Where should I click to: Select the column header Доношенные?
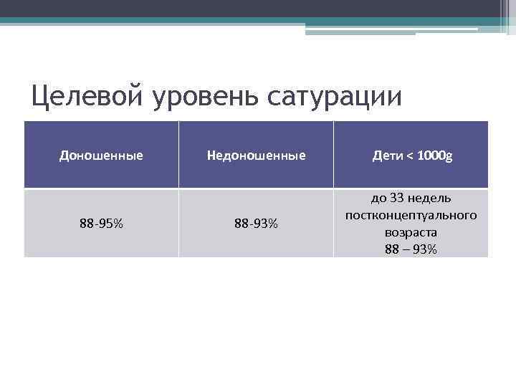point(101,155)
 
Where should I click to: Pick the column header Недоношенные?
point(256,155)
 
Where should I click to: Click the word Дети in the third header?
point(388,155)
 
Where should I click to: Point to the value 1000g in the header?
point(434,155)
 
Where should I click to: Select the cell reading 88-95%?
point(101,224)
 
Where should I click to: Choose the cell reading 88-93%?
point(256,224)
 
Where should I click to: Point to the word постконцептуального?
point(411,215)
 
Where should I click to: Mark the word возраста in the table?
point(411,232)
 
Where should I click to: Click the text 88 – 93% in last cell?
point(411,249)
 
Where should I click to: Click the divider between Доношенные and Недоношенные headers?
point(178,155)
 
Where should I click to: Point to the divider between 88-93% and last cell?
point(333,224)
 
